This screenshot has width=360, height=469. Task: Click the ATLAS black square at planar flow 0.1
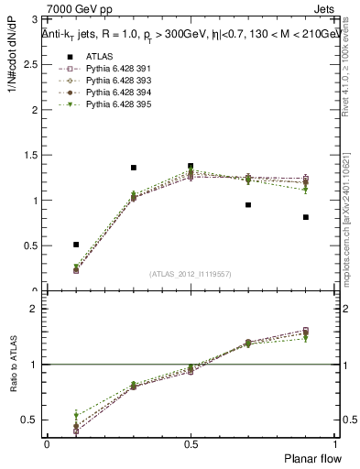click(76, 245)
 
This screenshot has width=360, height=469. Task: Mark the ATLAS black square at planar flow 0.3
click(134, 168)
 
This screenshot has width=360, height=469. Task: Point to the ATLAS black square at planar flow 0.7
click(248, 205)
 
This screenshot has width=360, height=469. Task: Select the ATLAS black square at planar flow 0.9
click(306, 217)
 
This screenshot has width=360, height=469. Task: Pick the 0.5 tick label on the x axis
click(191, 443)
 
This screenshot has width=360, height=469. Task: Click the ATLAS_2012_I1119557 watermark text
click(191, 274)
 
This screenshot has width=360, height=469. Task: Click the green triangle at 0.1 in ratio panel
click(76, 415)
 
